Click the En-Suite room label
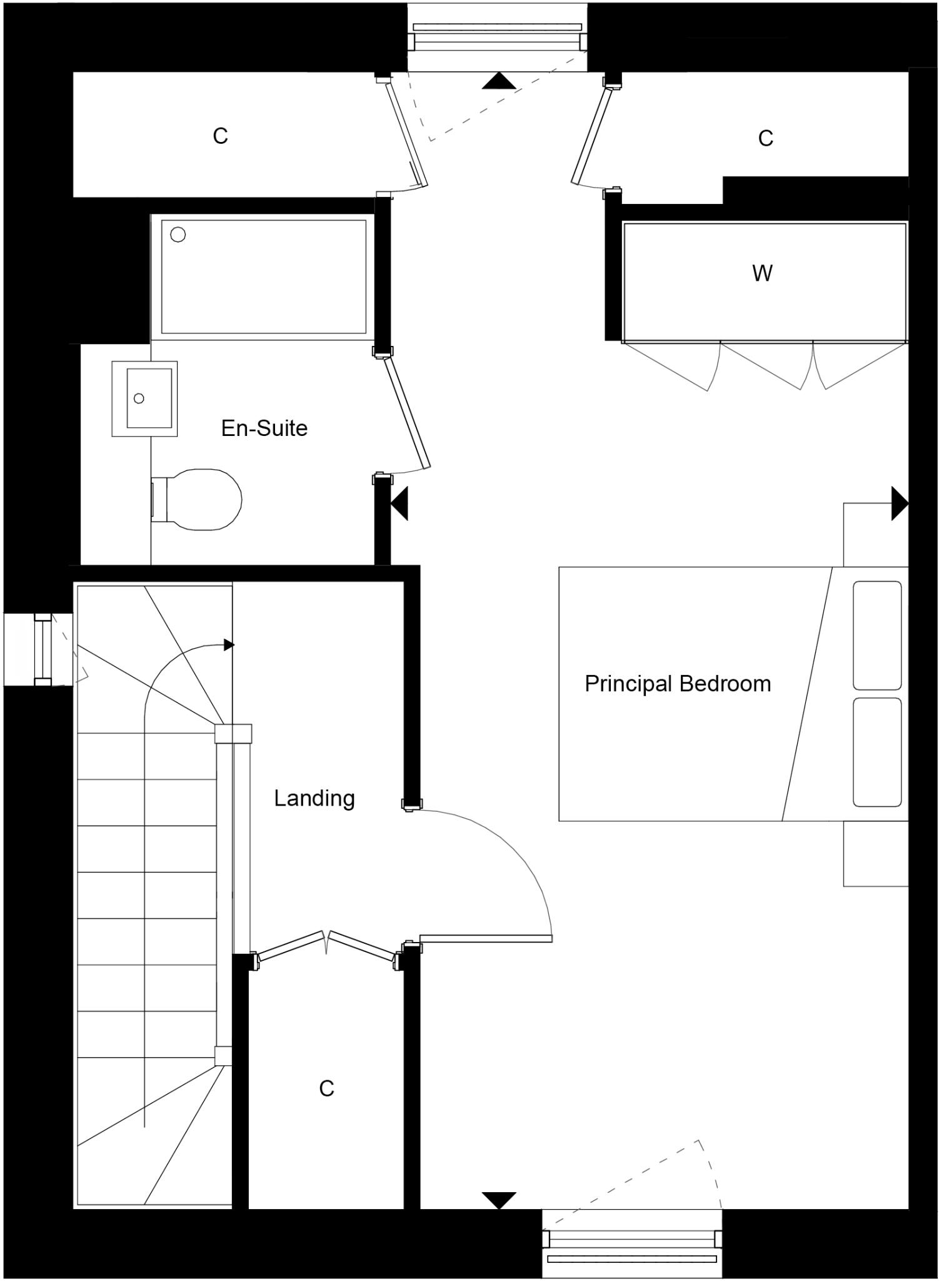pos(264,428)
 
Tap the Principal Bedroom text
pos(678,684)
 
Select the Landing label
pos(314,798)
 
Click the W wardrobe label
pos(762,273)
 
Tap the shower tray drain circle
pos(178,235)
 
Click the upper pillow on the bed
pos(877,635)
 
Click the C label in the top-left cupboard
pos(220,136)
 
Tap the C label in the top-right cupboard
pos(766,138)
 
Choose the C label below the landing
pos(326,1088)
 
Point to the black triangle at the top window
pos(499,81)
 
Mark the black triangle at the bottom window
pos(499,1200)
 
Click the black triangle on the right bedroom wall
pos(899,503)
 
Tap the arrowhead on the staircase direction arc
pos(229,645)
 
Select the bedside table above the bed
pos(875,535)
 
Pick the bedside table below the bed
pos(875,853)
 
